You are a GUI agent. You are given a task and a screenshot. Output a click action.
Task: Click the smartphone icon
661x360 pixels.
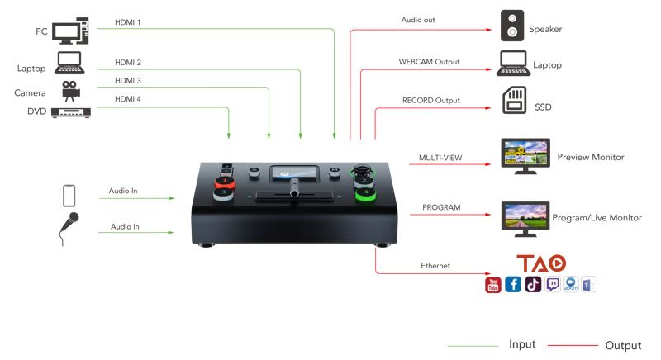(x=69, y=197)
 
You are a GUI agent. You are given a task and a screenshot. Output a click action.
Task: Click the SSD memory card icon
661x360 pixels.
(x=514, y=103)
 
